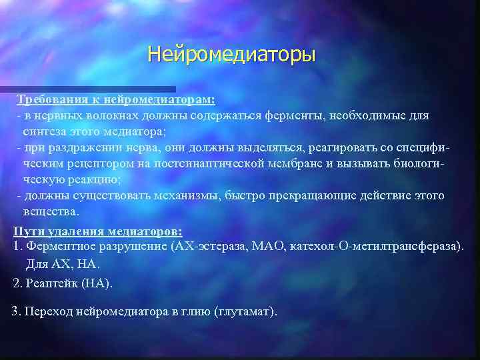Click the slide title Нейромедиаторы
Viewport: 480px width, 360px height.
(x=231, y=53)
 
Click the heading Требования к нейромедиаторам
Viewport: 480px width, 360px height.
(x=116, y=99)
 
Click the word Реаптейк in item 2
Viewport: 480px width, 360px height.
(x=50, y=283)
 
